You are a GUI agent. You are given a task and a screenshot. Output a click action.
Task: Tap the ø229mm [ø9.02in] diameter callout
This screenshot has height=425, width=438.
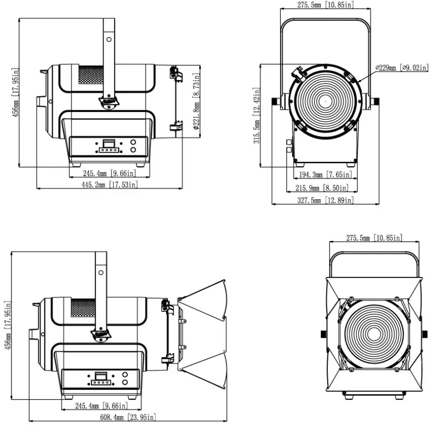tap(401, 68)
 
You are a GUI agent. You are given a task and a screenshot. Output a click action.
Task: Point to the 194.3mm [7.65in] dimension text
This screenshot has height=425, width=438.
tap(324, 174)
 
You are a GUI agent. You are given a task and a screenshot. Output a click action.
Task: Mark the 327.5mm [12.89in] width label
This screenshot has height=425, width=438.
tap(325, 200)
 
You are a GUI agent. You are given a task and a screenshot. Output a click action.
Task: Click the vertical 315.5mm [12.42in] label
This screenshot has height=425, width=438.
tap(256, 116)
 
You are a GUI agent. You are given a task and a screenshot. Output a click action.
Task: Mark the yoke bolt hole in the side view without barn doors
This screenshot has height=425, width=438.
tap(109, 38)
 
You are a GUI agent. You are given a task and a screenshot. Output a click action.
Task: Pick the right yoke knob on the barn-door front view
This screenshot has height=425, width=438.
tap(424, 334)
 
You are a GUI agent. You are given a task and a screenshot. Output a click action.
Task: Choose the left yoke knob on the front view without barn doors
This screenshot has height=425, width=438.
tap(276, 101)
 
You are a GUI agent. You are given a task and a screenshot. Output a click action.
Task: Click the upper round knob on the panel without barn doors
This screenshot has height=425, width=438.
tap(133, 142)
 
